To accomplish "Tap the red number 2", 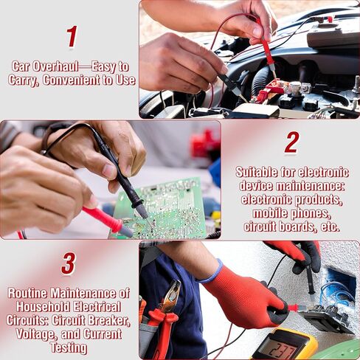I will click(x=292, y=142).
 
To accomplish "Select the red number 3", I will click(x=68, y=263).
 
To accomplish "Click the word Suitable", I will click(x=258, y=173).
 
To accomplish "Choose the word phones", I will click(x=313, y=213).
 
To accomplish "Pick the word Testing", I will click(x=69, y=347).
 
